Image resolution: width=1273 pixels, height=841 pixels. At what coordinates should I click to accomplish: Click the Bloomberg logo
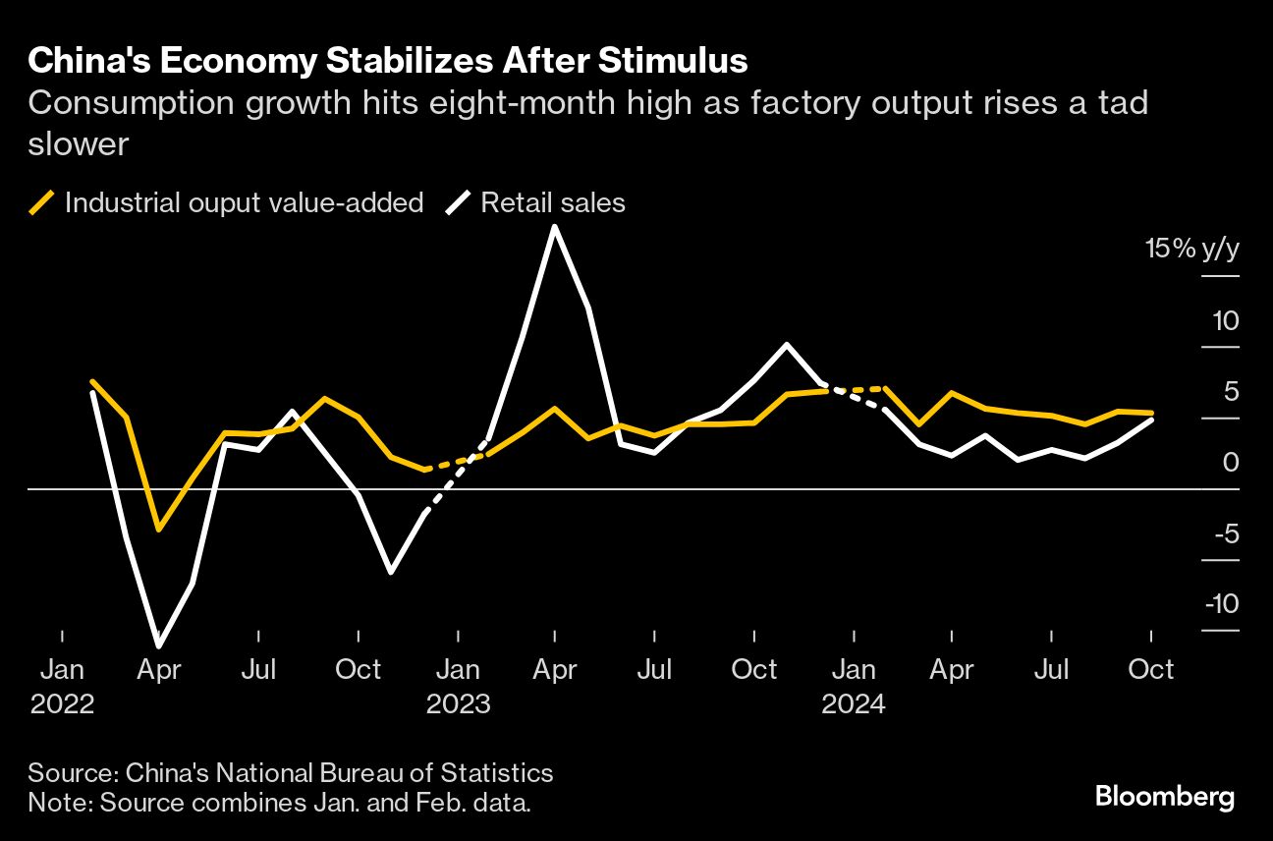point(1164,796)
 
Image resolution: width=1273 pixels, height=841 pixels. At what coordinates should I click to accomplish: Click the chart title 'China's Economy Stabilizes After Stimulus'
point(388,61)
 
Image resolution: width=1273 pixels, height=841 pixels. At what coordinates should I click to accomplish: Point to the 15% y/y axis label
point(1191,250)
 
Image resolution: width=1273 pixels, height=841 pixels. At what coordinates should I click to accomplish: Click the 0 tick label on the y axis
point(1230,462)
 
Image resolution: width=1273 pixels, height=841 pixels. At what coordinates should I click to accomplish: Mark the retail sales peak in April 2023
point(555,227)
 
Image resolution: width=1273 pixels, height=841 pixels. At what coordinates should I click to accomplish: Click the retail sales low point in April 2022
point(158,645)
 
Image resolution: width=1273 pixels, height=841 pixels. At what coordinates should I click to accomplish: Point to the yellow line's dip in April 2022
point(158,530)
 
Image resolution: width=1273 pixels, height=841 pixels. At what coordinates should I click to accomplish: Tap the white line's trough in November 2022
point(391,572)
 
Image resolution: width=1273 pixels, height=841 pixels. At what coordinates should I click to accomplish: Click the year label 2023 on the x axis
point(458,705)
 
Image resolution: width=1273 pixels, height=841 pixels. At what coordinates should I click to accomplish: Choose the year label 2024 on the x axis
point(854,705)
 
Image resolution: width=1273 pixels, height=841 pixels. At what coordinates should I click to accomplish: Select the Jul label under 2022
point(257,670)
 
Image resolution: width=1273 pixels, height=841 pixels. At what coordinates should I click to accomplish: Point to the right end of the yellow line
point(1151,413)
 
